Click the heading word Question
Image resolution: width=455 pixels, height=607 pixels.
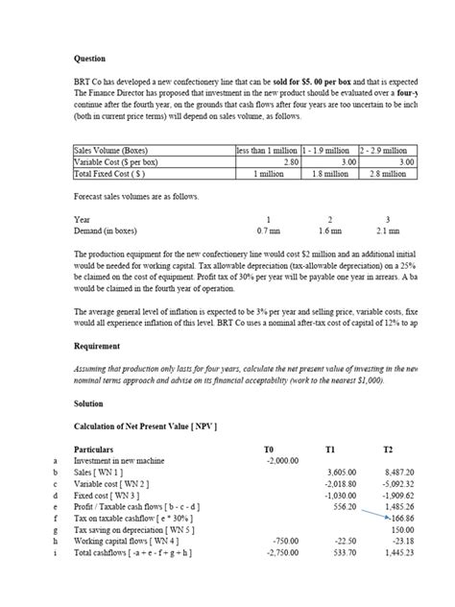(89, 59)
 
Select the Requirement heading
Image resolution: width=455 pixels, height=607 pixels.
(98, 346)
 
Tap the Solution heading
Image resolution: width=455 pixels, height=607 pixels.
(90, 403)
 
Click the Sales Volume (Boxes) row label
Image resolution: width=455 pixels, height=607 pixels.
(110, 151)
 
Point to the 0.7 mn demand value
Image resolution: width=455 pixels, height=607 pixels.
(268, 231)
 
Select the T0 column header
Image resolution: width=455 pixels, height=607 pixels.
(268, 449)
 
